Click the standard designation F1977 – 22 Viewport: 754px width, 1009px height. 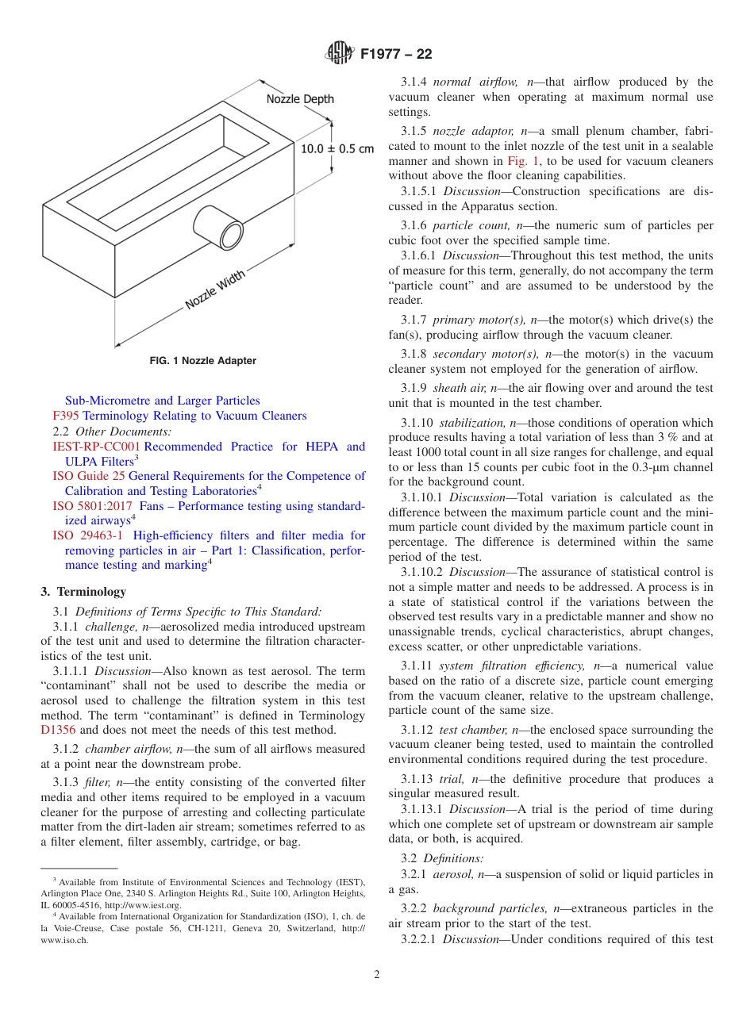pyautogui.click(x=396, y=55)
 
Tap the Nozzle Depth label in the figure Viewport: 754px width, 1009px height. pyautogui.click(x=299, y=99)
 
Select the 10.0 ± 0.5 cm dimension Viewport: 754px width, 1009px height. pyautogui.click(x=337, y=148)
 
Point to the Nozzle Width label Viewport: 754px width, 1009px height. pyautogui.click(x=215, y=290)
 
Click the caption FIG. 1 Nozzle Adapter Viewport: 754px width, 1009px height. pyautogui.click(x=203, y=361)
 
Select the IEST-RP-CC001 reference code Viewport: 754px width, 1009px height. pyautogui.click(x=96, y=447)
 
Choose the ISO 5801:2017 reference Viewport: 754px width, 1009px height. pyautogui.click(x=93, y=506)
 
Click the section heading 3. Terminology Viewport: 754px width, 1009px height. pyautogui.click(x=83, y=591)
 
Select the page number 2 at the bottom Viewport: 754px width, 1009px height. pyautogui.click(x=377, y=975)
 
